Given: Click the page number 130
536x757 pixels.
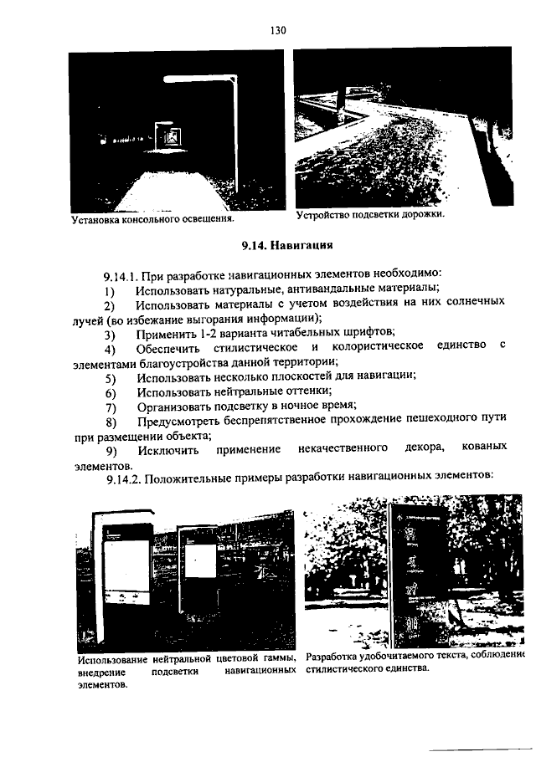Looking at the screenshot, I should [x=278, y=31].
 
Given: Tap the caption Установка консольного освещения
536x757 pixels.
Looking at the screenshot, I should [x=152, y=220].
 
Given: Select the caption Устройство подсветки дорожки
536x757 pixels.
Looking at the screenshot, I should [x=369, y=215].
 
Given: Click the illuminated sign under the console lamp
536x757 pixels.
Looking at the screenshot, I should [x=170, y=134].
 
